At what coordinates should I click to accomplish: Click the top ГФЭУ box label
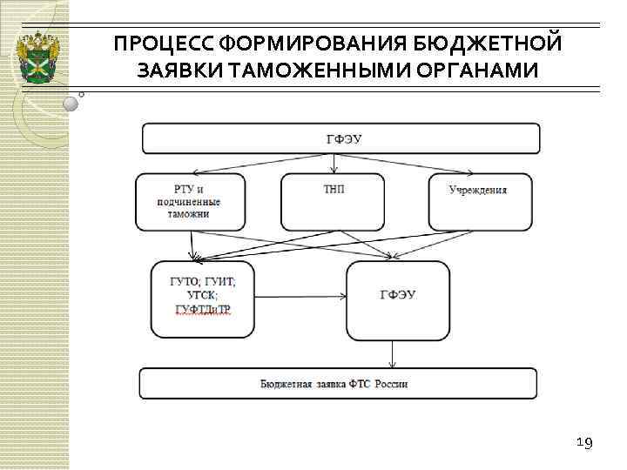point(340,138)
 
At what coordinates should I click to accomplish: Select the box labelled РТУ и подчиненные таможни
point(189,202)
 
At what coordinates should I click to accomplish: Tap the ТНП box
point(332,202)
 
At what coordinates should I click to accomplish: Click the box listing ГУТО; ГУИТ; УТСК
point(202,299)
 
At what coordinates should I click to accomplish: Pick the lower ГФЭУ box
point(397,299)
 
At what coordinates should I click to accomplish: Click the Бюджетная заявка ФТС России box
point(338,384)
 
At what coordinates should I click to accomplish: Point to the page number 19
point(584,444)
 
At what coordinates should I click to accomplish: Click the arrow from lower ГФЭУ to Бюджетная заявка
point(394,353)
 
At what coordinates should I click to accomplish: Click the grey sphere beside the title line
point(71,104)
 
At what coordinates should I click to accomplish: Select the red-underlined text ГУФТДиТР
point(202,311)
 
